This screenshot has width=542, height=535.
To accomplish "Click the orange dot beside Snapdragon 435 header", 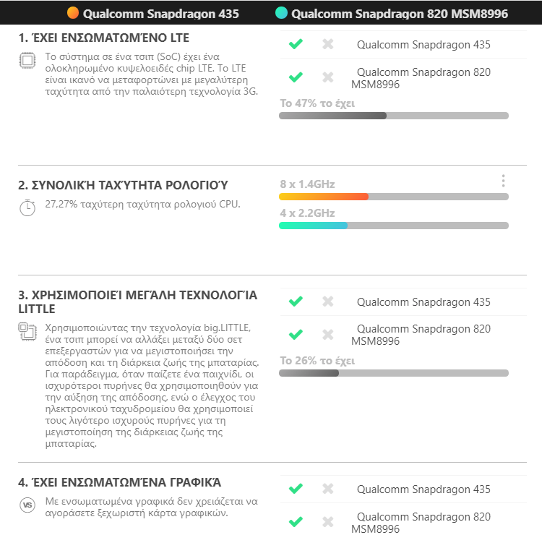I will click(x=72, y=13).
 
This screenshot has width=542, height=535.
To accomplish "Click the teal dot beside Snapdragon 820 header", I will click(x=281, y=13).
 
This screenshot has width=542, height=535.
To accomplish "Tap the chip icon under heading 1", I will click(x=27, y=61).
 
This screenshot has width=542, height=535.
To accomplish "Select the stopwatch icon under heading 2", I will click(x=27, y=207).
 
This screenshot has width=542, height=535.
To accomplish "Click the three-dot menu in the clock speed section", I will click(x=503, y=181).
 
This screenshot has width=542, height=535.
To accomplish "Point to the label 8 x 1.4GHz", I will click(x=307, y=184).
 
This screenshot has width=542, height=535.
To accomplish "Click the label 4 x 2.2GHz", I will click(x=307, y=213).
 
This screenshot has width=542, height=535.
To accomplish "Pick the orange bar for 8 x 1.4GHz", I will click(x=323, y=197).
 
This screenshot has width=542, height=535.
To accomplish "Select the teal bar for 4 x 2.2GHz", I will click(x=313, y=226).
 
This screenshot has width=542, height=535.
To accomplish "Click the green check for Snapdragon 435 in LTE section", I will click(x=296, y=44).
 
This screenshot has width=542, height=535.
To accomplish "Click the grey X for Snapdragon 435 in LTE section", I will click(x=327, y=44).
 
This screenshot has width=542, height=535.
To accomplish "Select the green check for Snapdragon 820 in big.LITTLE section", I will click(x=296, y=335).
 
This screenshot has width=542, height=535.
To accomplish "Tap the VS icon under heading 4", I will click(x=27, y=505).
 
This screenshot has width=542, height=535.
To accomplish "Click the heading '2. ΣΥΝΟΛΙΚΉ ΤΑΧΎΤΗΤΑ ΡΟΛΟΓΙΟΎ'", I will click(x=116, y=186).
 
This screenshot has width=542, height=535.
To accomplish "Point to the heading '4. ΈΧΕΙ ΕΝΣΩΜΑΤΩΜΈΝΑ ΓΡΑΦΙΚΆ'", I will click(x=119, y=482).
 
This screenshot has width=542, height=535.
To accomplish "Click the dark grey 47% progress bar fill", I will click(x=332, y=116).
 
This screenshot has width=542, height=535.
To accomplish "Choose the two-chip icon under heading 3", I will click(x=27, y=332).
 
